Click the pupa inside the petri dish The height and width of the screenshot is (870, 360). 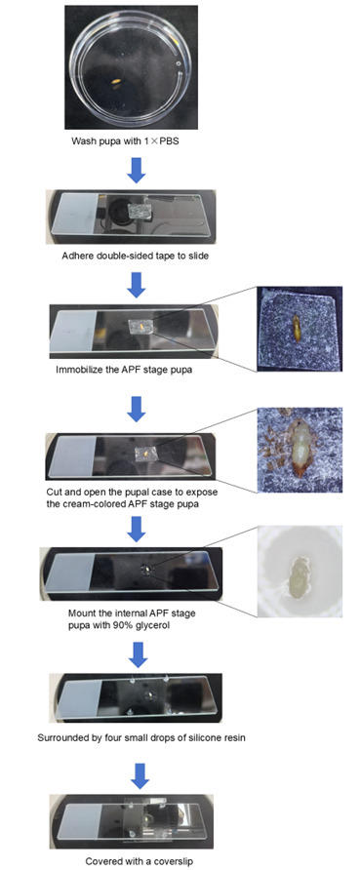[x=116, y=83]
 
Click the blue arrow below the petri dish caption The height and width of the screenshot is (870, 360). [x=136, y=171]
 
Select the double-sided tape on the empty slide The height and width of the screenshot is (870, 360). [x=140, y=211]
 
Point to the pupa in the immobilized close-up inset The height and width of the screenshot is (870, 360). [x=298, y=329]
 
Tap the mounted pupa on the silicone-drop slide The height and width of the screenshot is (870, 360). [x=147, y=695]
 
